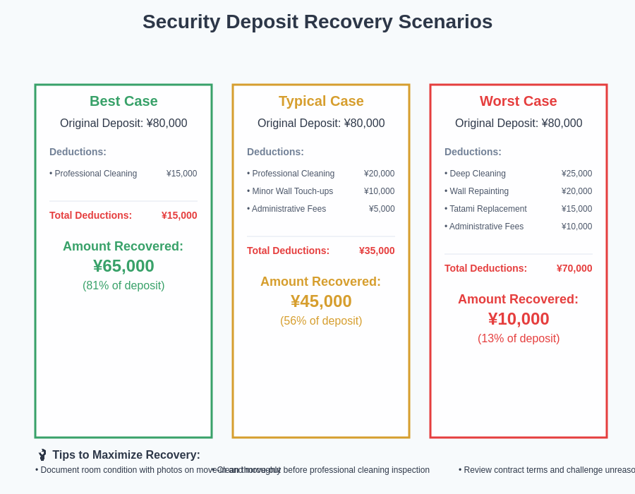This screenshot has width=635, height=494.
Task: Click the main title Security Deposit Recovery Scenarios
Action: [x=317, y=22]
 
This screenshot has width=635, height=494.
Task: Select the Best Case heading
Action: [x=123, y=101]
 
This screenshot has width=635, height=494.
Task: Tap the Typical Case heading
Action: [x=321, y=101]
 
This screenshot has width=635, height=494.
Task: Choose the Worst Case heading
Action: [x=519, y=101]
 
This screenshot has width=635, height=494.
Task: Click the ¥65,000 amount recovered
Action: [x=123, y=266]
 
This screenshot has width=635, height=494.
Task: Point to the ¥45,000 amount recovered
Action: [x=321, y=301]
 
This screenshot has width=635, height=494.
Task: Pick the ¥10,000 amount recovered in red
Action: [x=519, y=319]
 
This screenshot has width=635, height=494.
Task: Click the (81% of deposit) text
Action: [x=123, y=286]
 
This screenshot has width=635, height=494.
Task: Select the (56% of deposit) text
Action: [x=321, y=321]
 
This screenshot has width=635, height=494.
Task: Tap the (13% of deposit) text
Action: [x=519, y=339]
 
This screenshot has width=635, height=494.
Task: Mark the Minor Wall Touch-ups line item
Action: [x=290, y=191]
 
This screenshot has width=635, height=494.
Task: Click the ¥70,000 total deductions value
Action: [x=574, y=268]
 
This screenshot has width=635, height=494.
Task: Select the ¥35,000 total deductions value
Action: [x=377, y=251]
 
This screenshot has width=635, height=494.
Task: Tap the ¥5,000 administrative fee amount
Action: [x=382, y=209]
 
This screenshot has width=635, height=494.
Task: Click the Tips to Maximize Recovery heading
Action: [x=126, y=455]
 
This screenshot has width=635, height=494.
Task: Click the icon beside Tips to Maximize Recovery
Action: [x=42, y=455]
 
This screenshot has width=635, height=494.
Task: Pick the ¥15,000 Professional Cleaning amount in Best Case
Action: [x=181, y=174]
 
